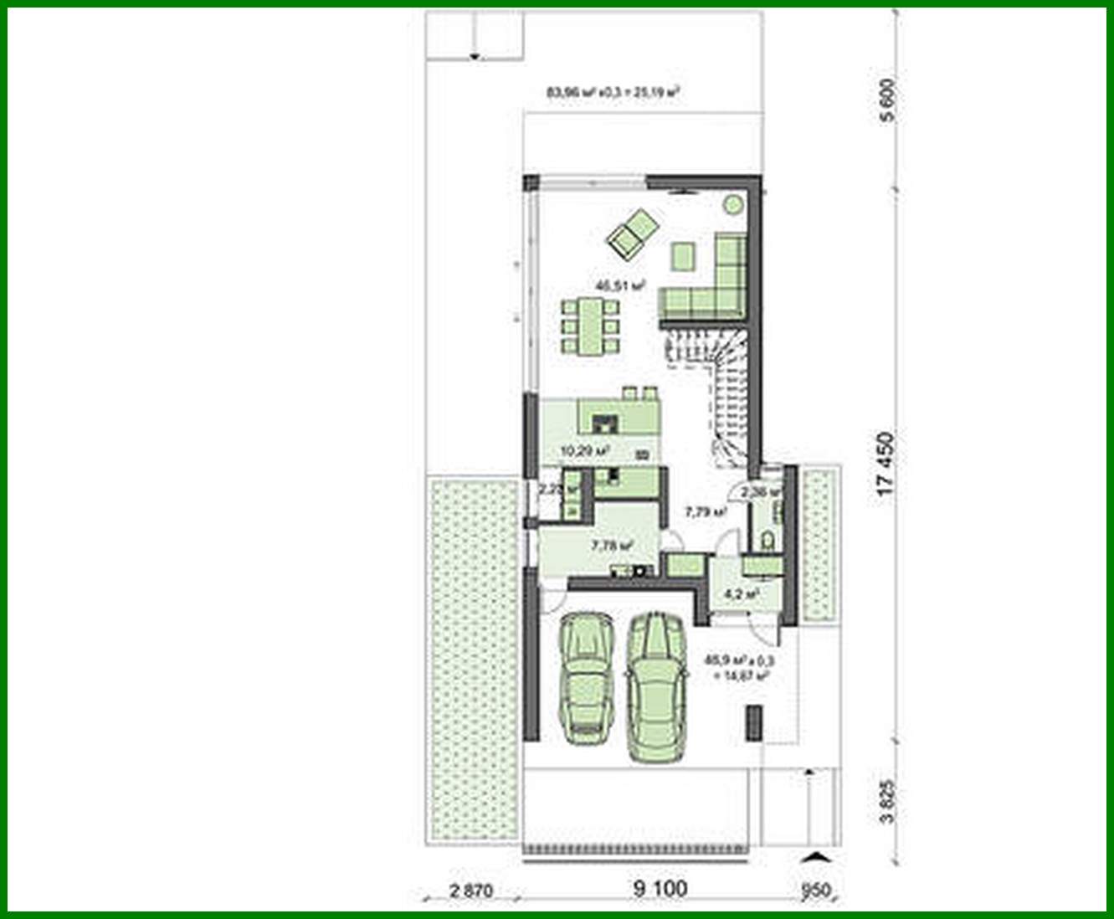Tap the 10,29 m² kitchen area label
(584, 450)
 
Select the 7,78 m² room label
(612, 546)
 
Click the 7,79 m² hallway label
(705, 511)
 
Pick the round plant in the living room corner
(732, 203)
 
